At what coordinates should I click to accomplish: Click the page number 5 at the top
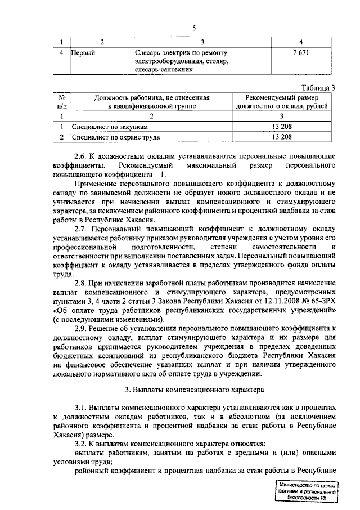click(x=194, y=29)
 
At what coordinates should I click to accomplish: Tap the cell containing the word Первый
click(x=82, y=53)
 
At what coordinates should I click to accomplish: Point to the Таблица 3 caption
click(x=318, y=87)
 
